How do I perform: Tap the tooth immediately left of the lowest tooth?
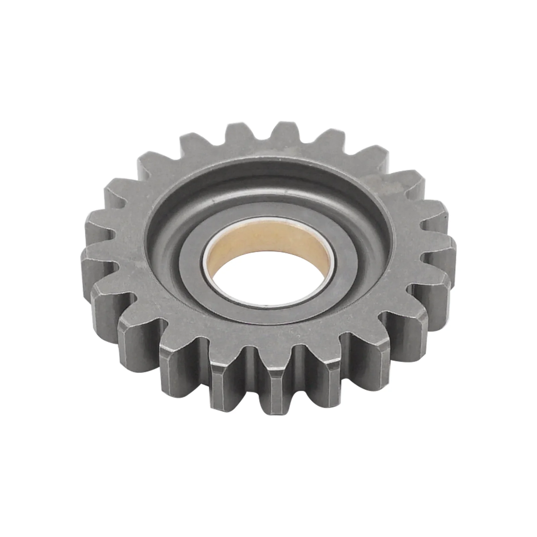225,373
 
